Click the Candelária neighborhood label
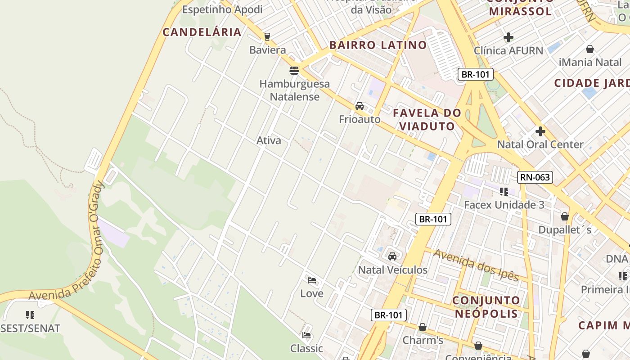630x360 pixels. (202, 32)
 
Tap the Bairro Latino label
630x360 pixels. (378, 45)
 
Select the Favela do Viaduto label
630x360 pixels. (427, 119)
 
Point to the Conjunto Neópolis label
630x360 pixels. (486, 306)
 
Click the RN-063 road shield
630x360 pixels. (535, 177)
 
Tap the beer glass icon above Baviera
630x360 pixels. (267, 36)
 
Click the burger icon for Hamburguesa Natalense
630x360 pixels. (294, 70)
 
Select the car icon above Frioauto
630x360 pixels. (360, 106)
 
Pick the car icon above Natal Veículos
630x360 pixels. (392, 256)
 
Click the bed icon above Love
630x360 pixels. (311, 280)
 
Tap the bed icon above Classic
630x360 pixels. (306, 335)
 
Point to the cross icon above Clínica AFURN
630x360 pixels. (508, 37)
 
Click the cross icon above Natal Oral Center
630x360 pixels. (540, 131)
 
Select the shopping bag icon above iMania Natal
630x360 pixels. (589, 49)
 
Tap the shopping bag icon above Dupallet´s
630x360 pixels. (565, 217)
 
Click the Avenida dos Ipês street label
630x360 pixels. (476, 264)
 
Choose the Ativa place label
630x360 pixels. (269, 140)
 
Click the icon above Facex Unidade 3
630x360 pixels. (504, 192)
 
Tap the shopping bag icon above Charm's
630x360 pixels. (422, 327)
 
